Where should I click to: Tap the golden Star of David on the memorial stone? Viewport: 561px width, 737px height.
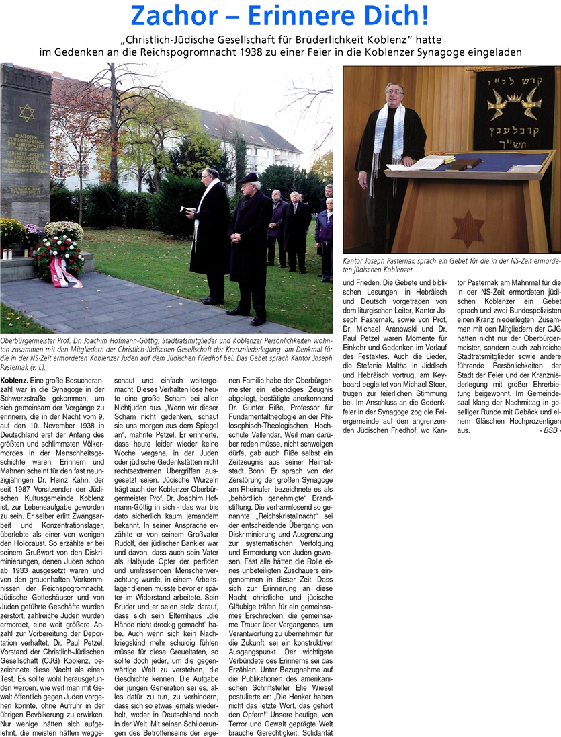click(27, 112)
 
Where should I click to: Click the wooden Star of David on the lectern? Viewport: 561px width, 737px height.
click(468, 228)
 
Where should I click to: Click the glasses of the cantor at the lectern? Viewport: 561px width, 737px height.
click(394, 91)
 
